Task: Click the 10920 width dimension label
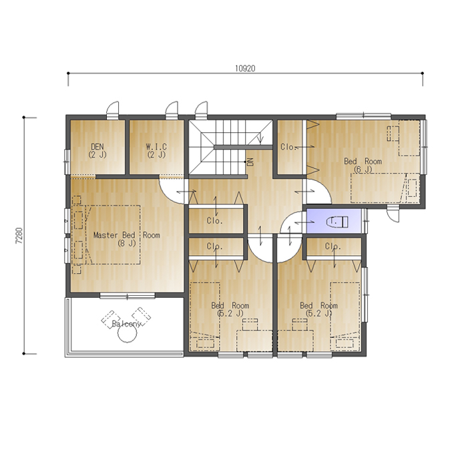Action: click(x=245, y=68)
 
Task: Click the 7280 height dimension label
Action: click(x=19, y=236)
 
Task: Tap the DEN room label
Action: click(x=97, y=146)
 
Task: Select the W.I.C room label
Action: click(x=156, y=146)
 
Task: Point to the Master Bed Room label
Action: click(x=127, y=235)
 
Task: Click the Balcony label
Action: click(x=126, y=324)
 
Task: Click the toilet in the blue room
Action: click(x=336, y=222)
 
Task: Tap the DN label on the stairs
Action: click(x=250, y=162)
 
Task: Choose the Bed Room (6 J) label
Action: click(x=363, y=165)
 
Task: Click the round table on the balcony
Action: click(x=127, y=333)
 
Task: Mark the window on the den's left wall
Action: click(x=67, y=162)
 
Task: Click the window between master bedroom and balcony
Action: click(x=128, y=296)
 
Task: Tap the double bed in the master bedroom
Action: click(x=113, y=235)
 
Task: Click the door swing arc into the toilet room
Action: click(x=292, y=218)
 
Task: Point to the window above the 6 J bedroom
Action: click(x=364, y=116)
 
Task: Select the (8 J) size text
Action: click(x=127, y=243)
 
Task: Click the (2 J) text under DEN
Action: click(x=97, y=155)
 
